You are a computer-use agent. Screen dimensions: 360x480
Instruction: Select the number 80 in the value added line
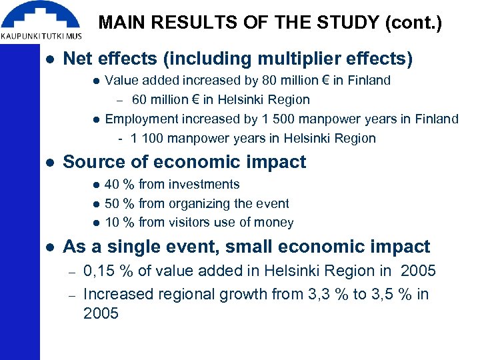click(270, 81)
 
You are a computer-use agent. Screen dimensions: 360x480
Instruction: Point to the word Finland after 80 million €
click(368, 81)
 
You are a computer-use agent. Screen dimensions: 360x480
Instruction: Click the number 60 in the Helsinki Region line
click(139, 100)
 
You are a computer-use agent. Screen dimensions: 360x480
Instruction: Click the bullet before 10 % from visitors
click(96, 223)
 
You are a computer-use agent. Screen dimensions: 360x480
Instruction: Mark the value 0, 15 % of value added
click(107, 271)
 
